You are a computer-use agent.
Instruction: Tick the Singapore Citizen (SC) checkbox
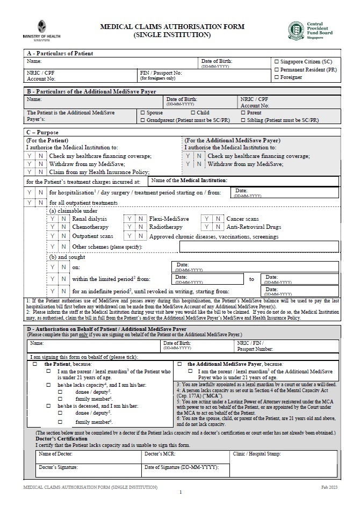(277, 62)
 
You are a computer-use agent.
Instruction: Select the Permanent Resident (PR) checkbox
(277, 70)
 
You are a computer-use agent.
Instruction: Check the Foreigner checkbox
(277, 77)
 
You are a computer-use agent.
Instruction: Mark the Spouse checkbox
(142, 113)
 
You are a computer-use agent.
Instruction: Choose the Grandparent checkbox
(142, 121)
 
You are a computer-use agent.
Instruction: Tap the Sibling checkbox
(243, 121)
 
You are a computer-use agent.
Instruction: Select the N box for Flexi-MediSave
(141, 219)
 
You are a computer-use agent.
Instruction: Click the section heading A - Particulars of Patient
(60, 53)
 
